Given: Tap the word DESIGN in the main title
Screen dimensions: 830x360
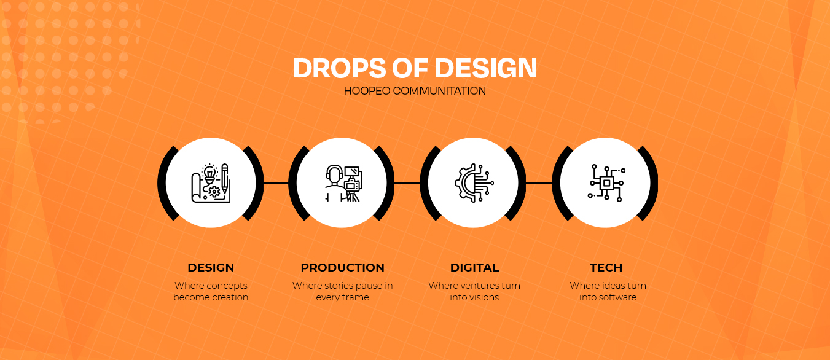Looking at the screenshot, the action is tap(486, 68).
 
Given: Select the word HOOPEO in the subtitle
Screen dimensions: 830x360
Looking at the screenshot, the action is tap(367, 91).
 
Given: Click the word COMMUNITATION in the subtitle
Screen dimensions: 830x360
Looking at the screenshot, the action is tap(439, 91).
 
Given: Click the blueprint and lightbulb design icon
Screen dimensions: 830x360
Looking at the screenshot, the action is tap(211, 183).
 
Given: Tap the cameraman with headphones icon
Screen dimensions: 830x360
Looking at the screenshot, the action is tap(343, 183).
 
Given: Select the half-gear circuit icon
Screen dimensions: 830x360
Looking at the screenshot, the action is tap(474, 183).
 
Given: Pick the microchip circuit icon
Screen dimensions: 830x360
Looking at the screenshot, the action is tap(606, 183).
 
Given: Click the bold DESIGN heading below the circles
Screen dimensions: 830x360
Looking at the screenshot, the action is tap(211, 267).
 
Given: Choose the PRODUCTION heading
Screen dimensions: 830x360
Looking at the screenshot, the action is tap(342, 267).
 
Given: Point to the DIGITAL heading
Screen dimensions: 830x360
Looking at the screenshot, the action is tap(474, 267).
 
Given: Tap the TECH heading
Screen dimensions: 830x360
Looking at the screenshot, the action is tap(606, 267).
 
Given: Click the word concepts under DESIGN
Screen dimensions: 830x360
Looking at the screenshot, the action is tap(227, 286).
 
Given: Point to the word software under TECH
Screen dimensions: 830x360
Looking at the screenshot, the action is tap(617, 297).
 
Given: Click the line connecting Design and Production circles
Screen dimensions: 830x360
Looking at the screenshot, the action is tap(276, 183).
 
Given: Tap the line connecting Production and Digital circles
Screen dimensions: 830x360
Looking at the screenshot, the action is tap(407, 183).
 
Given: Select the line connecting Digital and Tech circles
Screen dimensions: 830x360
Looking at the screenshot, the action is tap(539, 183).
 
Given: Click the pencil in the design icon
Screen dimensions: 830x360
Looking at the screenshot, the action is tap(224, 178).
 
